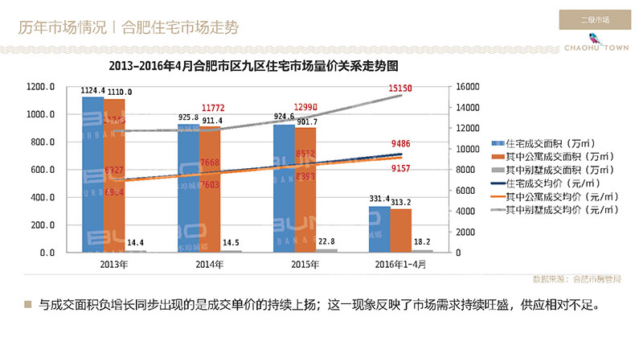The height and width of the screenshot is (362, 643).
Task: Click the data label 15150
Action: coord(399,87)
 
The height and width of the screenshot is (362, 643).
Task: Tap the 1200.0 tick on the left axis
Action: coord(39,87)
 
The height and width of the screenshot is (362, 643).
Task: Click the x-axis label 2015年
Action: coord(294,264)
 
